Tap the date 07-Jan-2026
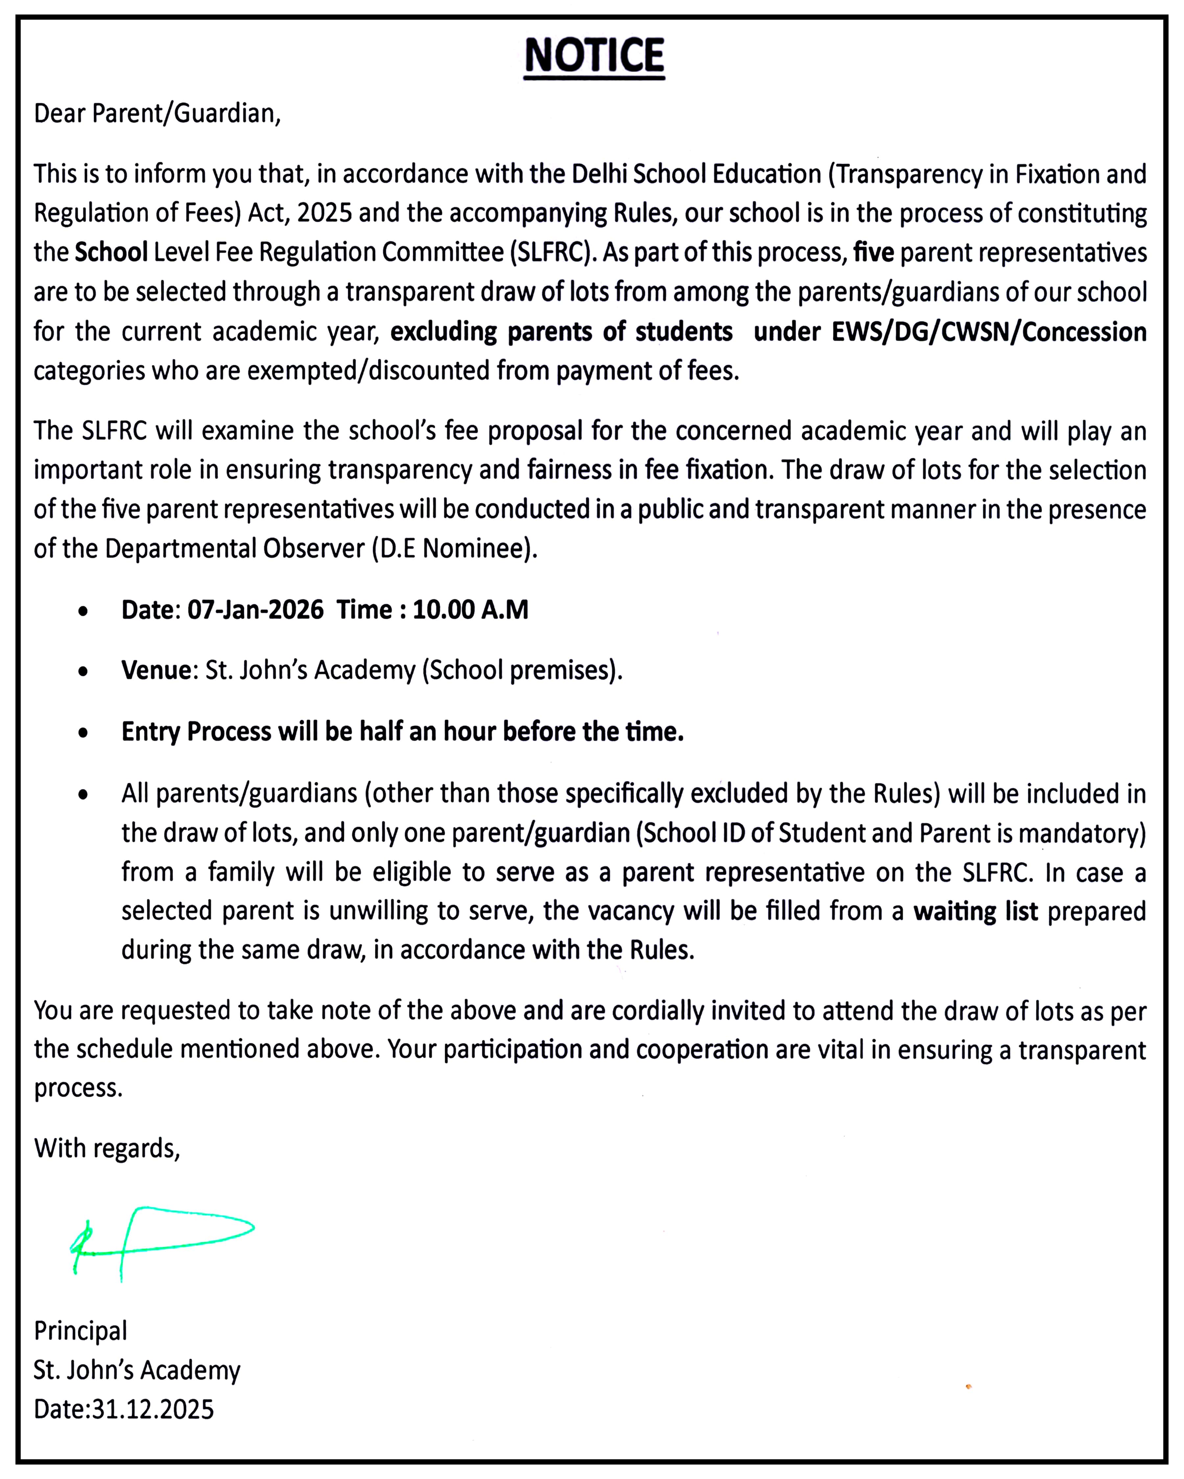point(255,609)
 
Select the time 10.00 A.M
point(471,609)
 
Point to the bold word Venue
point(156,669)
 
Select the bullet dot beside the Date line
point(83,611)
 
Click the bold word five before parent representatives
point(873,252)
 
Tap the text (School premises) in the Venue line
point(521,669)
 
